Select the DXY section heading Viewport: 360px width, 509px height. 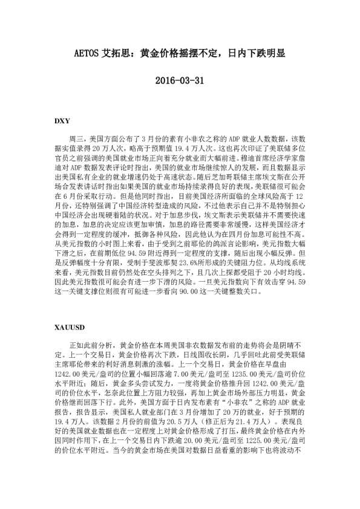click(x=62, y=121)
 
